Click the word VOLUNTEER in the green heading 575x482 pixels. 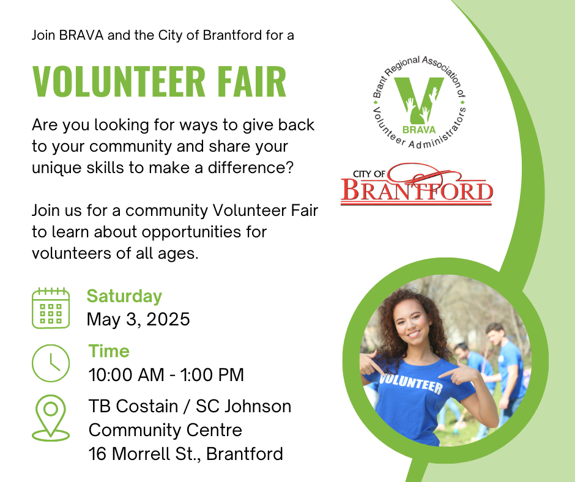[x=119, y=81]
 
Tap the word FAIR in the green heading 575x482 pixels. [x=252, y=81]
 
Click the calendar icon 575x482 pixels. [x=51, y=308]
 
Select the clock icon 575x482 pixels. [x=51, y=363]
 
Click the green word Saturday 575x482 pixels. [x=124, y=297]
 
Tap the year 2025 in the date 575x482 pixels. [x=168, y=319]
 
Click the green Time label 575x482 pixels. [x=109, y=351]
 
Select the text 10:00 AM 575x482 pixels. [x=127, y=375]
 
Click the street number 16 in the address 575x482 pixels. [x=97, y=454]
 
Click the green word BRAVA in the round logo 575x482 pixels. [x=419, y=130]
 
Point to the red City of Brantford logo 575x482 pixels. [x=417, y=184]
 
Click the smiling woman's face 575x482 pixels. [x=412, y=323]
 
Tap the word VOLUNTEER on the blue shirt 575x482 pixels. [x=410, y=384]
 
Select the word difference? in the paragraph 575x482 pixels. [x=251, y=168]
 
